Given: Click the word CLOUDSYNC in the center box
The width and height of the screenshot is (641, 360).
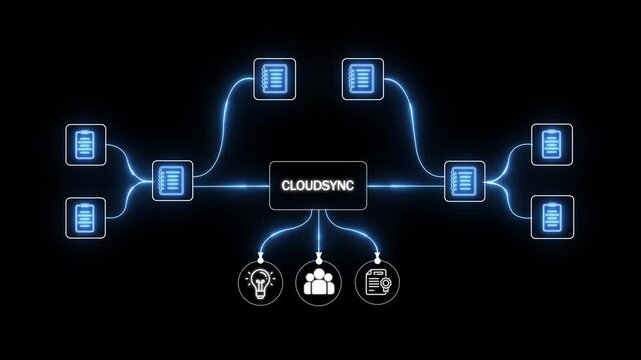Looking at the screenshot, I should (x=318, y=185).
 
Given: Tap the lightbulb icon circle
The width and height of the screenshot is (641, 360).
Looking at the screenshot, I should (x=259, y=282).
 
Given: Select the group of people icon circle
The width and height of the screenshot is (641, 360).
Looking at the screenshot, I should (x=318, y=282).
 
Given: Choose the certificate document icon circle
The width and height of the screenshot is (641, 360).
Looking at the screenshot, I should (x=378, y=282).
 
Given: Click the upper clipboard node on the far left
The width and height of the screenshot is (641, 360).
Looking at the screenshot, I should (x=85, y=145).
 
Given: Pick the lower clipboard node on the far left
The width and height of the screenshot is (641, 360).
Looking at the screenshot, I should (x=85, y=217).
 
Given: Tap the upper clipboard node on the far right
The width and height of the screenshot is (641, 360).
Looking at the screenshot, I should (x=551, y=145).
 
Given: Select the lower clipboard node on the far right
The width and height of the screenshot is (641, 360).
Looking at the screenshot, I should (x=551, y=216).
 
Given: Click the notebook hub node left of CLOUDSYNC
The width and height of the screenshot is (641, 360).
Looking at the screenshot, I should (x=172, y=181).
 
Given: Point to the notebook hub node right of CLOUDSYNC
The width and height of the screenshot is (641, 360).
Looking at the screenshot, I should (x=464, y=181).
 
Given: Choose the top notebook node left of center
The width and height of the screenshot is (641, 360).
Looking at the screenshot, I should (x=270, y=78).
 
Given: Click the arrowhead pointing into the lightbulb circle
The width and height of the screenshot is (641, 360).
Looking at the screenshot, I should (x=259, y=256).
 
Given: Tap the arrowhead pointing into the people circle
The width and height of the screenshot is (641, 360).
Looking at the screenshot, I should (x=318, y=256).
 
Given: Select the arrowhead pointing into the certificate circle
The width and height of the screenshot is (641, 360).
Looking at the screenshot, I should (x=378, y=256).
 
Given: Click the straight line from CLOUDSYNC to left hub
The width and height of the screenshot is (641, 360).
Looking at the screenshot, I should (x=230, y=185).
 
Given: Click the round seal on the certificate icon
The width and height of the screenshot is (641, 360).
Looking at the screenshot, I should (x=383, y=287).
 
